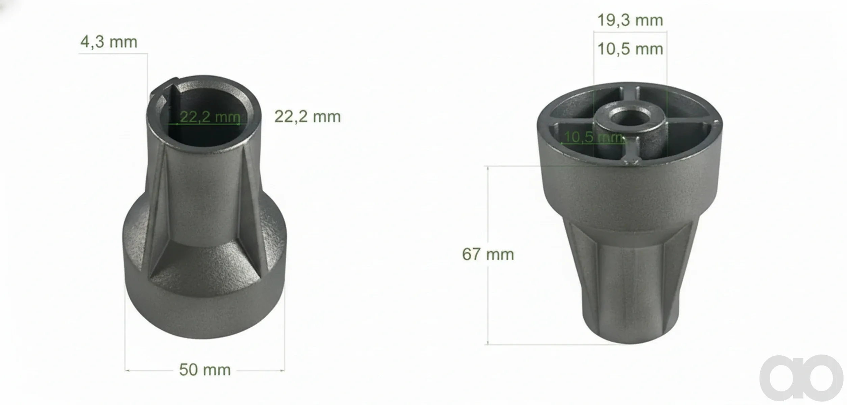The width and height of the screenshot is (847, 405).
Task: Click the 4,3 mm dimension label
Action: pos(109,42)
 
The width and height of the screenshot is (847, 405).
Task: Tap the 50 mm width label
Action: pos(205,370)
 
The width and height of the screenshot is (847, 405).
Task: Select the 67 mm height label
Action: pos(488,254)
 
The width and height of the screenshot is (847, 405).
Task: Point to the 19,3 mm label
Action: pos(630,20)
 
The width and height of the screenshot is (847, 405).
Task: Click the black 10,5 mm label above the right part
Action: pos(630,49)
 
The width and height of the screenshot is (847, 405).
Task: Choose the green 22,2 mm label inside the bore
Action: pos(210,117)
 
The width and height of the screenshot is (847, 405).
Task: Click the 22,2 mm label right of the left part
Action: pos(308,117)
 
